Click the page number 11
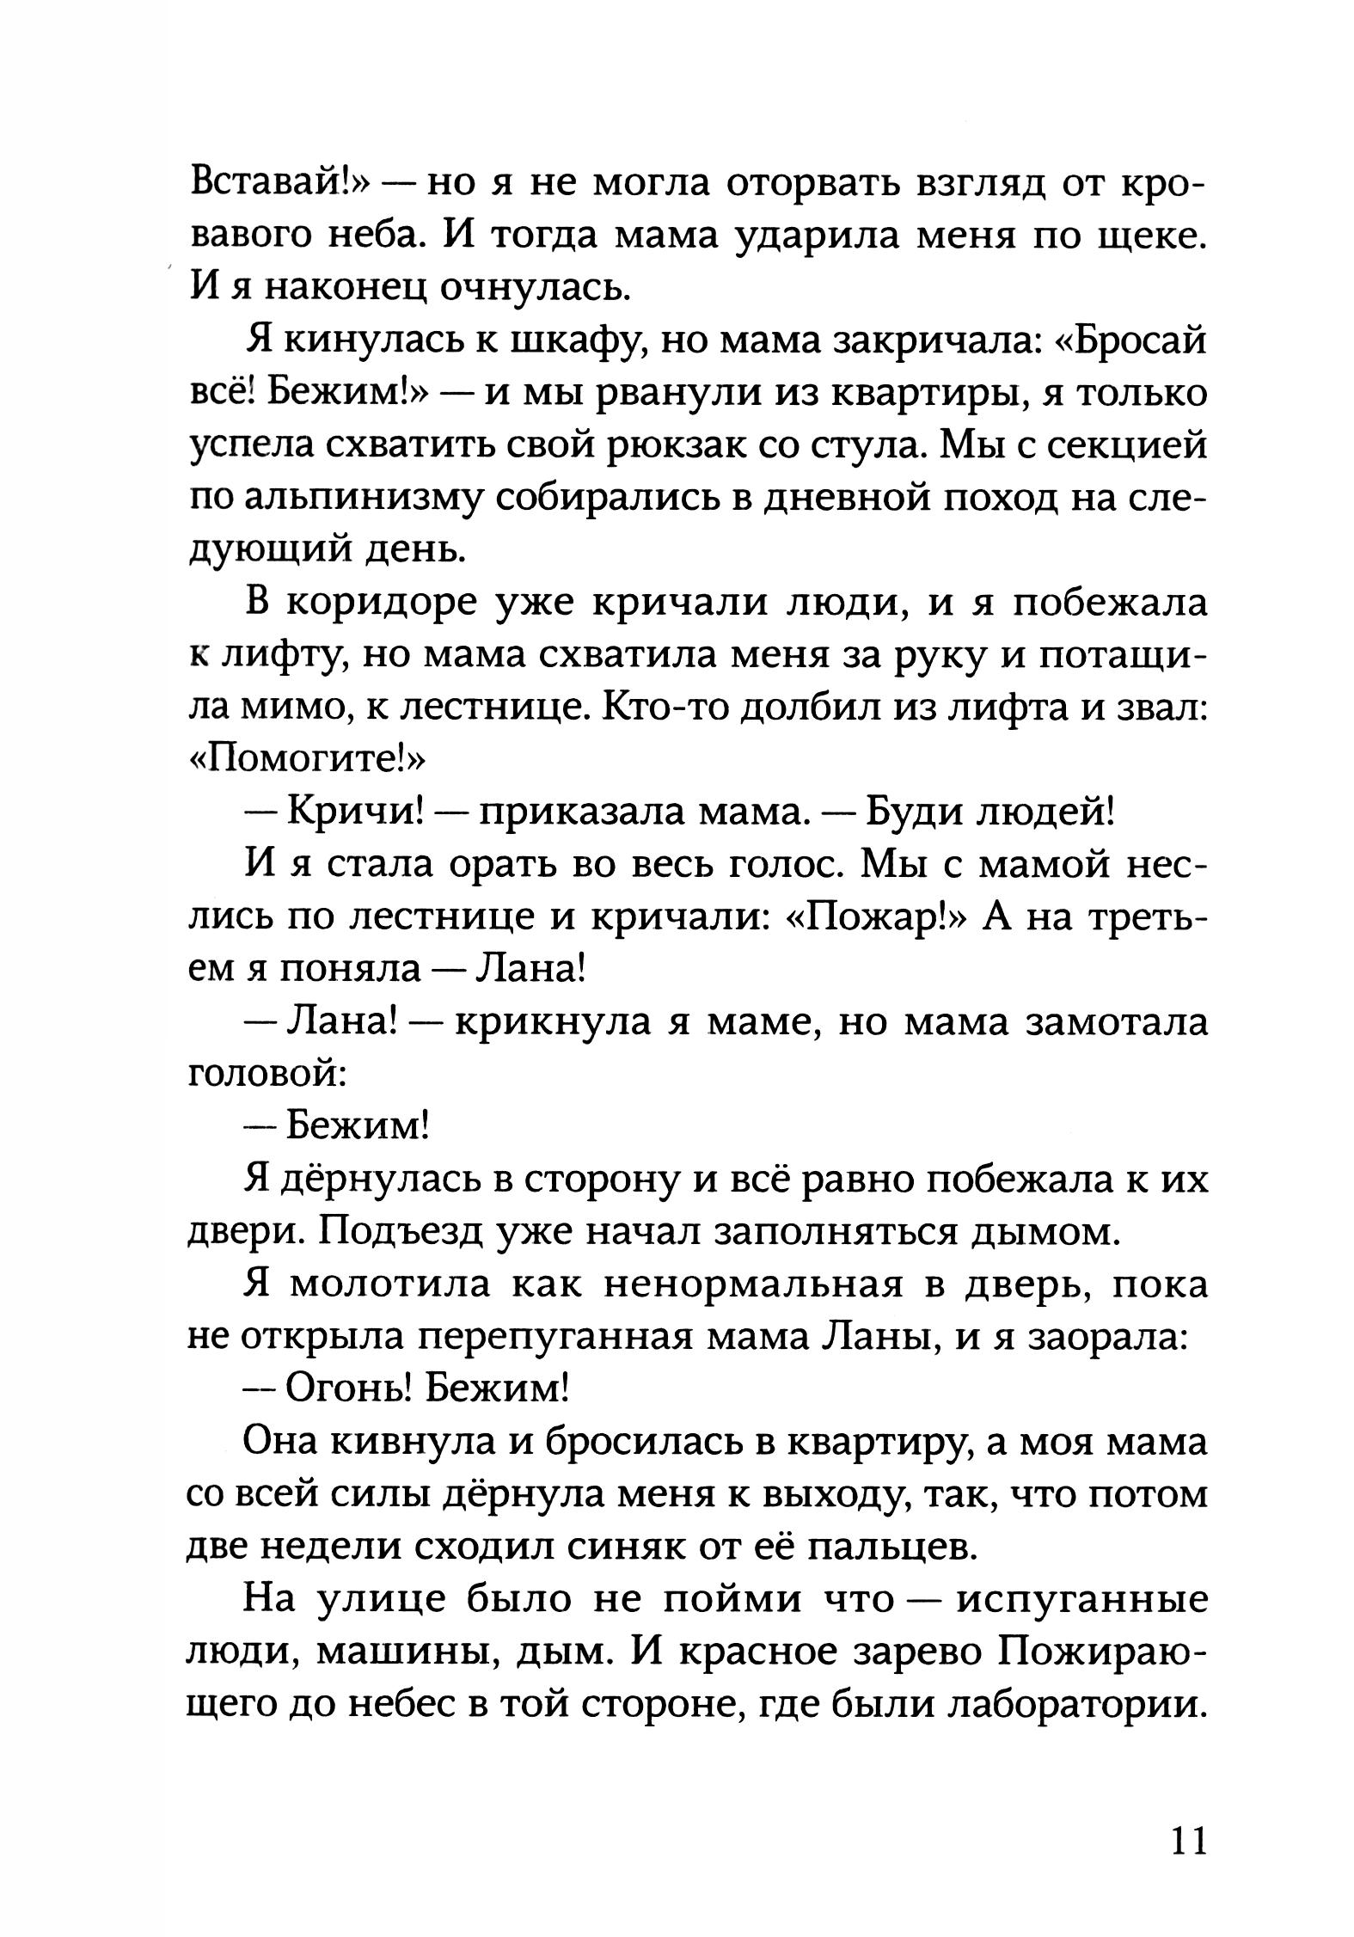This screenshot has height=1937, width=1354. [x=1187, y=1839]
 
